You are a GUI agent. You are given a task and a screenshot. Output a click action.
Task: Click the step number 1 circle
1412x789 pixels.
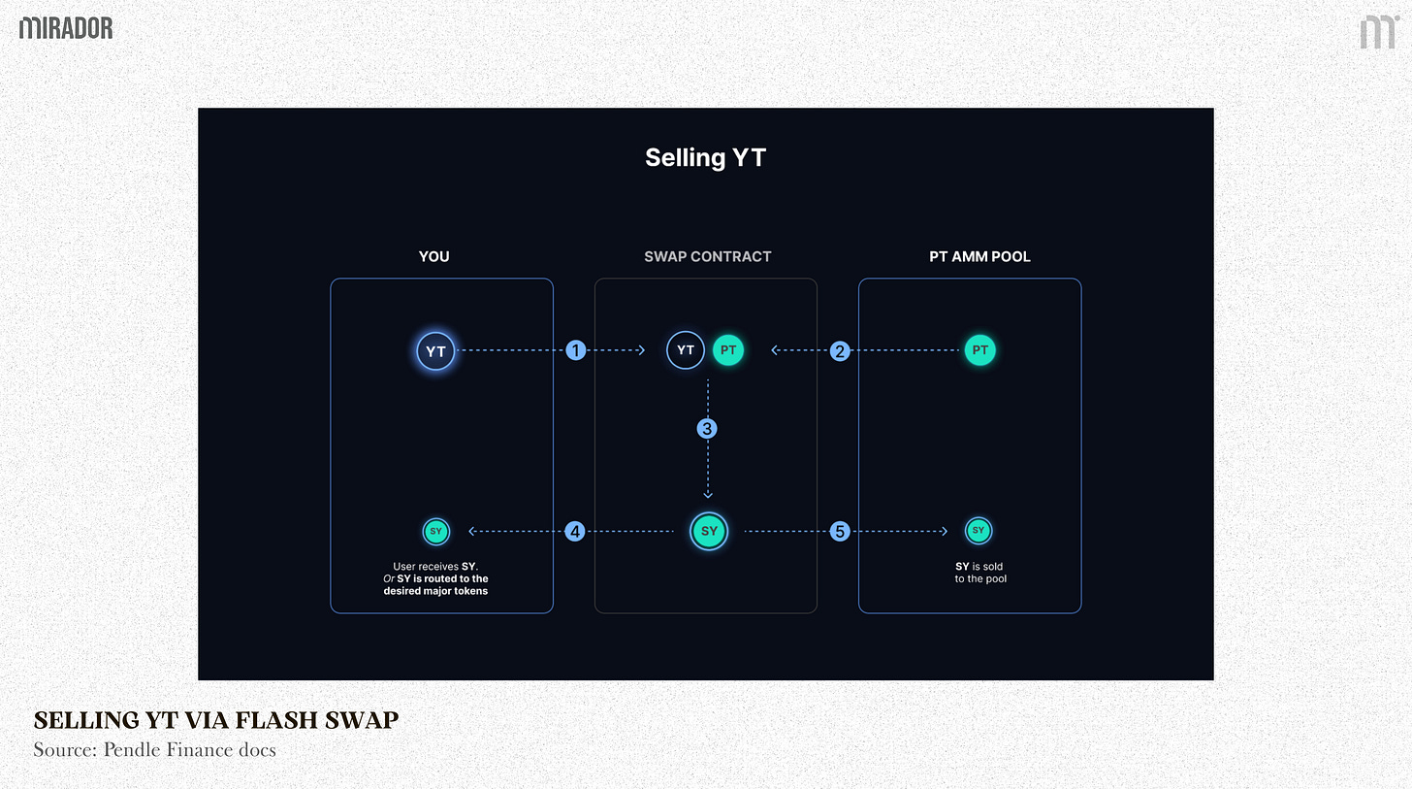coord(575,350)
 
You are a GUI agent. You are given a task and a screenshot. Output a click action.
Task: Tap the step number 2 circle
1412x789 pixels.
coord(840,350)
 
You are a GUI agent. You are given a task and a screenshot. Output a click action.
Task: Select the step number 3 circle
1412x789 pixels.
coord(708,428)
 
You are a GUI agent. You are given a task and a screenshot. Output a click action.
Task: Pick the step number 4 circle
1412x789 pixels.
coord(575,531)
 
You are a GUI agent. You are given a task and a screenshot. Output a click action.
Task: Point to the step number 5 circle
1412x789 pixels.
coord(840,531)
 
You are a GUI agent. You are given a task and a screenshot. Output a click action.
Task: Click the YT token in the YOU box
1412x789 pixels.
coord(435,351)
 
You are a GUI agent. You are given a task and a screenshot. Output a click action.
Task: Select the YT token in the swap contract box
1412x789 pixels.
coord(686,350)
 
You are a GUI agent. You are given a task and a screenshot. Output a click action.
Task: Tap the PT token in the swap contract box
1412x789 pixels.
coord(728,350)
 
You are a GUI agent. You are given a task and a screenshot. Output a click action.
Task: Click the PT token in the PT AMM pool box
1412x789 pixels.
coord(980,350)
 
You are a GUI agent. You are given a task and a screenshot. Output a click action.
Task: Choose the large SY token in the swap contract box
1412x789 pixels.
coord(709,531)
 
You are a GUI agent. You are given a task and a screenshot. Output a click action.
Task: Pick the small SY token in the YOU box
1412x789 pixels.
coord(436,531)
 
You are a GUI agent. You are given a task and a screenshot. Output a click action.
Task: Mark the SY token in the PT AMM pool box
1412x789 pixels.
coord(979,530)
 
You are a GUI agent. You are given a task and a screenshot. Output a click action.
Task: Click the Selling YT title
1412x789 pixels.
coord(705,158)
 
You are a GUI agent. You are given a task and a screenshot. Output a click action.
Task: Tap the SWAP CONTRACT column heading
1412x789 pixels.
coord(707,257)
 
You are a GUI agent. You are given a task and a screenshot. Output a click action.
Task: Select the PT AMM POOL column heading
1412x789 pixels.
coord(979,257)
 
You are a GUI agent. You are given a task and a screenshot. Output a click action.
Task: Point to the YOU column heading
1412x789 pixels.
coord(433,257)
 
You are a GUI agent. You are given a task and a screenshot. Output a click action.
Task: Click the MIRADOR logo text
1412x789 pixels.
coord(66,28)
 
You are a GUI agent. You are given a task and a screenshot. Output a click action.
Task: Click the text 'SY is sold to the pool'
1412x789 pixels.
coord(979,573)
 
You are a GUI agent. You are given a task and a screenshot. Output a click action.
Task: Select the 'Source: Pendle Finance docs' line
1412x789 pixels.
coord(154,749)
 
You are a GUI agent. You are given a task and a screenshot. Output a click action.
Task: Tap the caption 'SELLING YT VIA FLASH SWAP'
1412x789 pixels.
coord(216,720)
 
